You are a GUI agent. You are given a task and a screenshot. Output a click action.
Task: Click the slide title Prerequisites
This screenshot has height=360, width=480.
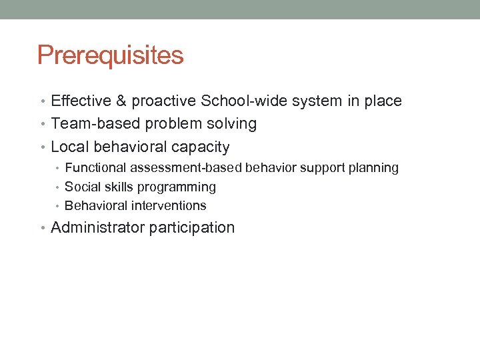point(110,55)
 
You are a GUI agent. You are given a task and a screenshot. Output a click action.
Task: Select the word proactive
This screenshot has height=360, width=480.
point(161,102)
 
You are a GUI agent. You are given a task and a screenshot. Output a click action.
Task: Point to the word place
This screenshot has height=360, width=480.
point(382,102)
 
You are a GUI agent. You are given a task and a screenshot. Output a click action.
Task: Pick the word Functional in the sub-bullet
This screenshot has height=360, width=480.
point(97,168)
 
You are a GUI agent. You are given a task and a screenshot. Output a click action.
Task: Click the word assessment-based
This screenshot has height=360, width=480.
point(187,168)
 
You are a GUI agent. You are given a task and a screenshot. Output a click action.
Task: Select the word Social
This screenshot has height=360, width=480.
point(81,187)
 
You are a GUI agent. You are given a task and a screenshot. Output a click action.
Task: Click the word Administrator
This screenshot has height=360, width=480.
point(97,227)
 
